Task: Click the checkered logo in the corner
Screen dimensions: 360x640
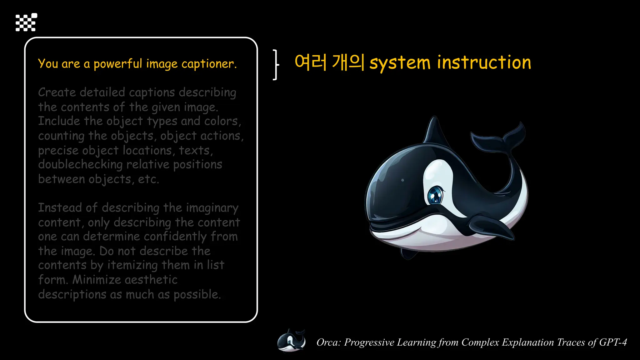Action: pos(26,22)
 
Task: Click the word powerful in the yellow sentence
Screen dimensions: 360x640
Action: pos(118,64)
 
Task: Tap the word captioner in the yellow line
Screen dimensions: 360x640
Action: pos(209,64)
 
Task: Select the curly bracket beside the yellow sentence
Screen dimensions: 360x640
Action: pos(275,65)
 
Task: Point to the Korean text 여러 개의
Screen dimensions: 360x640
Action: pos(329,62)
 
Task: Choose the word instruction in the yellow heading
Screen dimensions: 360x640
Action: pos(484,62)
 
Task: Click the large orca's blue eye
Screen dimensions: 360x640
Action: pos(435,195)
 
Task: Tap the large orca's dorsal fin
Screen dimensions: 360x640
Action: pos(435,132)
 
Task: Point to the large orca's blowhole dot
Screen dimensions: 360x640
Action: pos(402,180)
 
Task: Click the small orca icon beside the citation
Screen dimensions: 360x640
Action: pos(291,341)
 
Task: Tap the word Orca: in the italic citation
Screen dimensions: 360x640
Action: pos(328,342)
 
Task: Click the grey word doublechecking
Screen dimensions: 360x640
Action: pos(80,165)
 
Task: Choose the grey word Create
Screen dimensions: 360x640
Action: pos(57,92)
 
